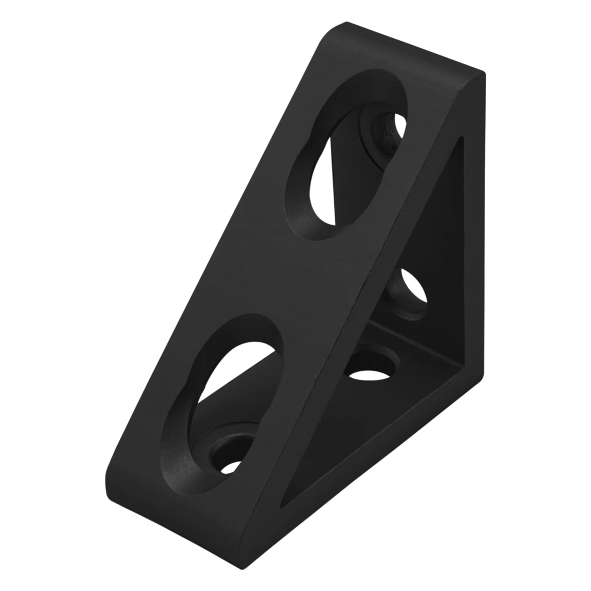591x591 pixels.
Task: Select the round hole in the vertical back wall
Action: click(411, 293)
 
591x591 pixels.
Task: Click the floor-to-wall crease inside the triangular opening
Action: click(419, 344)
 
